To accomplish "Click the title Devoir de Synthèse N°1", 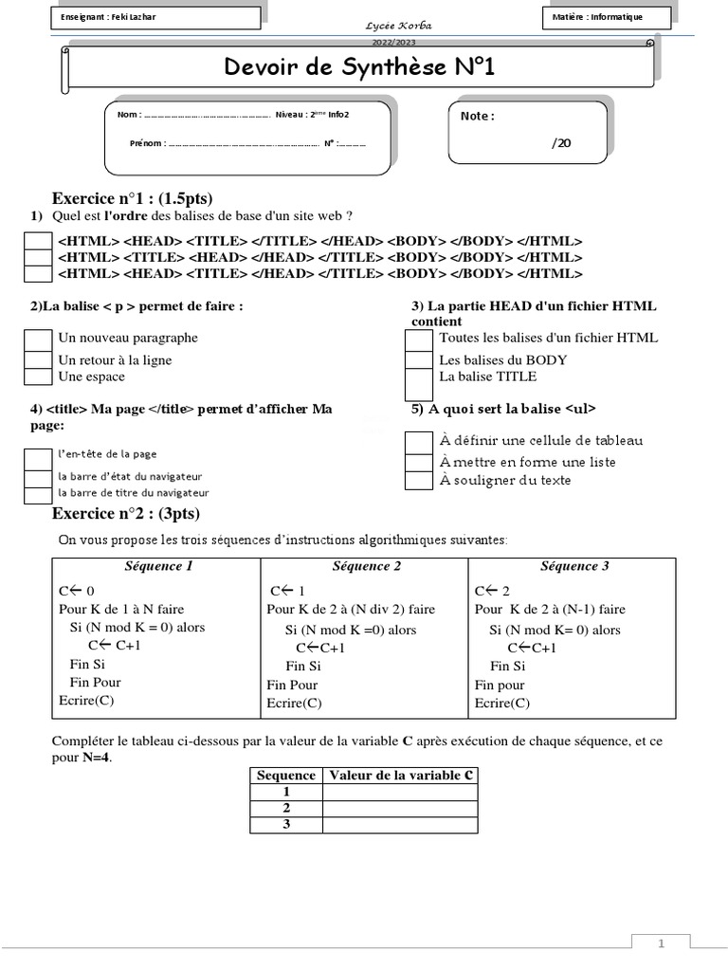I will point(359,68).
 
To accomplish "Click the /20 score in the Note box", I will point(561,143).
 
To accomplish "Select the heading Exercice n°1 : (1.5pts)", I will point(132,198).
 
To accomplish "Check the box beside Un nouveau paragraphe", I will point(38,339).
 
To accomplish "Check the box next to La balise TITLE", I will point(418,382).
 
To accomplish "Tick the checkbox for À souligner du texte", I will point(418,480).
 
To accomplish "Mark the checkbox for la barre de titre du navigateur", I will point(38,494).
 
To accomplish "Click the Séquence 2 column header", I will point(366,567).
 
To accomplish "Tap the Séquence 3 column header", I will point(574,567).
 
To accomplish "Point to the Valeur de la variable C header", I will point(400,775).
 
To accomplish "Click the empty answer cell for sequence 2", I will point(400,808).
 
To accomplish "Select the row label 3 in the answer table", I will point(286,825).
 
